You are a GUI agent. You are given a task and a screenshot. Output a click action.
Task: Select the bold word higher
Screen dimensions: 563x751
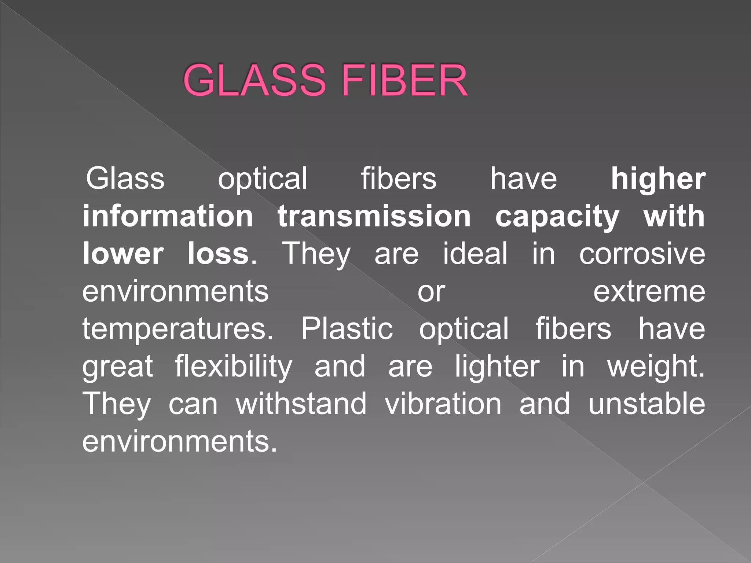[x=658, y=179]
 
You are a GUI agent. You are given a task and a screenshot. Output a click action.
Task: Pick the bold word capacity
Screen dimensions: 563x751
[x=557, y=217]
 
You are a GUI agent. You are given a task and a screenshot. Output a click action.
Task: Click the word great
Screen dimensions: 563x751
[x=117, y=367]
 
